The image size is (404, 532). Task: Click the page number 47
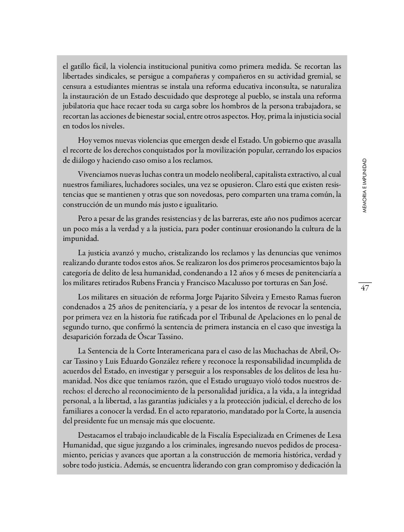coord(365,288)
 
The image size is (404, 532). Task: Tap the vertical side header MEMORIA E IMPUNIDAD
coord(364,185)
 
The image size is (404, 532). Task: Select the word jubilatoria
coord(79,106)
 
